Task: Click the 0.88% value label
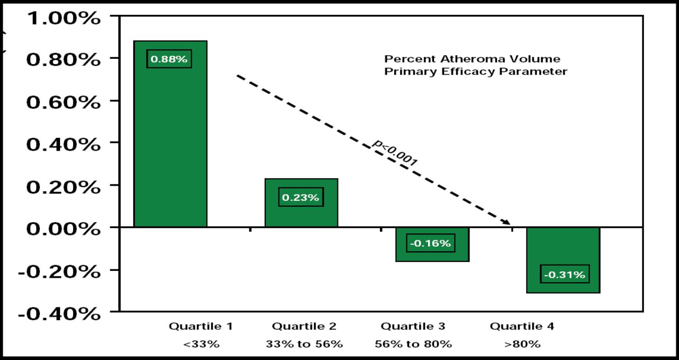point(169,59)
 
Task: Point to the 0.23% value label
point(301,197)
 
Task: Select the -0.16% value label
point(431,243)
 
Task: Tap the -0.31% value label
point(565,275)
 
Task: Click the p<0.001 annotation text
point(395,153)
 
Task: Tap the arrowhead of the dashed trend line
point(507,222)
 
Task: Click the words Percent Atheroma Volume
point(472,58)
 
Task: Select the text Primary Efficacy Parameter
point(476,72)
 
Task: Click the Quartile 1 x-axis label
point(201,326)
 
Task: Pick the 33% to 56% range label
point(304,344)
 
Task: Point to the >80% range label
point(522,344)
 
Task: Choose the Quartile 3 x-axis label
point(413,326)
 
